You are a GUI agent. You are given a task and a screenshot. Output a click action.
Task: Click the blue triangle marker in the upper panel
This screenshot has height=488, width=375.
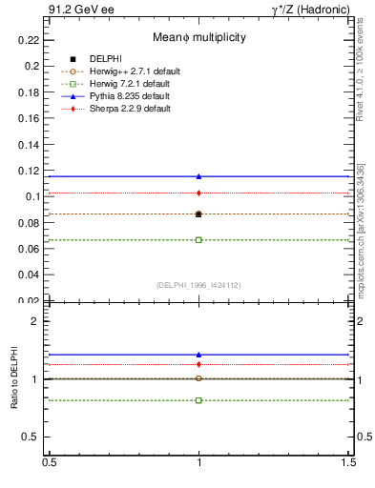pos(198,176)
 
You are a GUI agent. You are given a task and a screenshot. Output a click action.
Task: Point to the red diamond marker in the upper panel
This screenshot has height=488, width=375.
pos(198,193)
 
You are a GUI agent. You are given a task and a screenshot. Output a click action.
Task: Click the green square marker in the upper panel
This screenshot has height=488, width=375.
pos(198,239)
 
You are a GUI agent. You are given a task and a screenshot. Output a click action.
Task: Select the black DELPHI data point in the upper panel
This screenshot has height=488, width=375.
pos(198,213)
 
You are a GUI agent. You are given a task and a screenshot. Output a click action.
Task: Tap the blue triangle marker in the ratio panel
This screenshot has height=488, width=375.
pos(198,355)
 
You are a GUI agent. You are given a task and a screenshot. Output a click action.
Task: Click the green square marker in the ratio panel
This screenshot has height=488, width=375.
pos(198,400)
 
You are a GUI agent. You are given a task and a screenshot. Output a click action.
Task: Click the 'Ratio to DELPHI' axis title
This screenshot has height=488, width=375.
pos(14,379)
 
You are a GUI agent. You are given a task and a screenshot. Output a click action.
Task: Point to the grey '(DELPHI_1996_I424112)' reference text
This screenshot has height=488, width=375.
pos(198,284)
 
